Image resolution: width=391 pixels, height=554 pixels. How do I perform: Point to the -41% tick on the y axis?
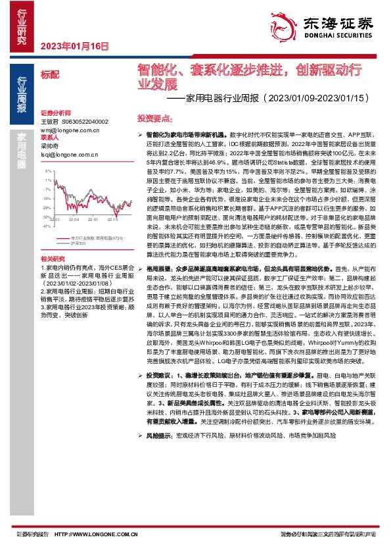(46, 226)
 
